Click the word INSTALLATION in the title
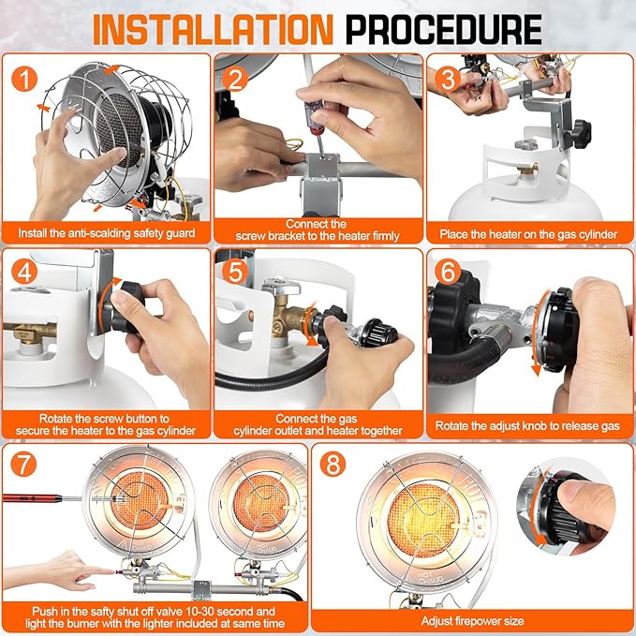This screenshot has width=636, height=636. click(213, 29)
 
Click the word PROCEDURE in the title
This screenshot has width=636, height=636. click(444, 29)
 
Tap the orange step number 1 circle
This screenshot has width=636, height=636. click(24, 79)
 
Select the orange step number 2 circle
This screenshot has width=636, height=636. click(235, 79)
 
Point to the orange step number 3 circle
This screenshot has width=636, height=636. click(448, 79)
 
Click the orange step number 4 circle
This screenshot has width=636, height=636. click(24, 272)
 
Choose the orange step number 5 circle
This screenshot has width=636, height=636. click(235, 272)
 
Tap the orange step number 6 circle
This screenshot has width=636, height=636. click(448, 272)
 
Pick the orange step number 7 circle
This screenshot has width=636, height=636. click(23, 464)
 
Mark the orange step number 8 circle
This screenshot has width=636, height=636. click(333, 464)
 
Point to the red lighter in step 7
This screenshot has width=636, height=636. click(33, 497)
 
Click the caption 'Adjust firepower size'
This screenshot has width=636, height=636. click(472, 621)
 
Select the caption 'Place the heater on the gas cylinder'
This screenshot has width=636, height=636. click(528, 234)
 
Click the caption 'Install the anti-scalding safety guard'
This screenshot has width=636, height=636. click(106, 233)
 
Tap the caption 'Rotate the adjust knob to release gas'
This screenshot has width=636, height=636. click(527, 425)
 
